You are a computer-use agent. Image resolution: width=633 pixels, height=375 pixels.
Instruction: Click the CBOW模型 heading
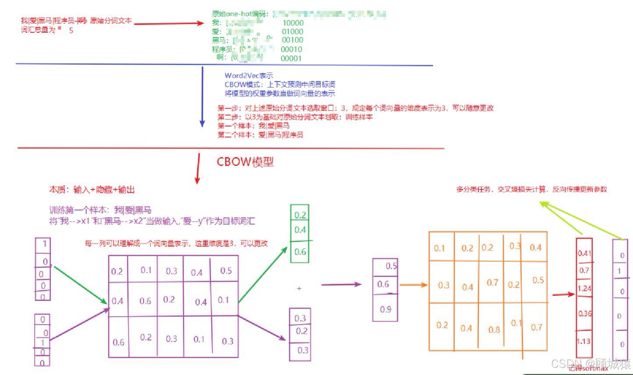click(x=245, y=162)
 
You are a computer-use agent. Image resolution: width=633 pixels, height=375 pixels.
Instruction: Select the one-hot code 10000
click(x=293, y=23)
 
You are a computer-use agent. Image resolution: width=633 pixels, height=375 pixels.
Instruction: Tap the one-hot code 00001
click(x=291, y=58)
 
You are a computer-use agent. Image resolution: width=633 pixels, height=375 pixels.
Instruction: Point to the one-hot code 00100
click(x=292, y=40)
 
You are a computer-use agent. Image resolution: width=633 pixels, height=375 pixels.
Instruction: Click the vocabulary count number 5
click(x=71, y=31)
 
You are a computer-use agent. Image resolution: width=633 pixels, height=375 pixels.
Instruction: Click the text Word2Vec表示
click(x=249, y=76)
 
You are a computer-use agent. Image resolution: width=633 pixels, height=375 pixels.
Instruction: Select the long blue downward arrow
click(x=202, y=96)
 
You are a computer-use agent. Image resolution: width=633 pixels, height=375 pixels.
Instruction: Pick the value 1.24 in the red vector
click(x=584, y=289)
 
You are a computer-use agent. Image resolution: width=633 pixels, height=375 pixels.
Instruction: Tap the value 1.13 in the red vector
click(x=583, y=342)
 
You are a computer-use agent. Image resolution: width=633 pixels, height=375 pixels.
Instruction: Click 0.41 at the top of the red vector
click(x=584, y=253)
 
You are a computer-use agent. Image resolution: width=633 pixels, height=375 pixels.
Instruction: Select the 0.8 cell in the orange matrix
click(x=494, y=329)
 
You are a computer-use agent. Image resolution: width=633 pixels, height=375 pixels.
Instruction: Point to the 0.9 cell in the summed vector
click(x=386, y=309)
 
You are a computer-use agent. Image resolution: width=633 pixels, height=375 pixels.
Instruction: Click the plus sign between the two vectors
click(x=299, y=289)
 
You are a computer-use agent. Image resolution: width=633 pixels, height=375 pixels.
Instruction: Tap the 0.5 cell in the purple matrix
click(x=226, y=271)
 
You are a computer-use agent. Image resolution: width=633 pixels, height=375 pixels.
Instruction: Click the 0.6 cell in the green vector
click(x=300, y=252)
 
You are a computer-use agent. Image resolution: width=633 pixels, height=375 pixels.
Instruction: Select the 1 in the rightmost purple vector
click(x=619, y=272)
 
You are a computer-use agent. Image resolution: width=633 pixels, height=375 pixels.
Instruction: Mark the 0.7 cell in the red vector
click(x=584, y=271)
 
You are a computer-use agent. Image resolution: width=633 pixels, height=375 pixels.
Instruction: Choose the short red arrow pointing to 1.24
click(x=563, y=294)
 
